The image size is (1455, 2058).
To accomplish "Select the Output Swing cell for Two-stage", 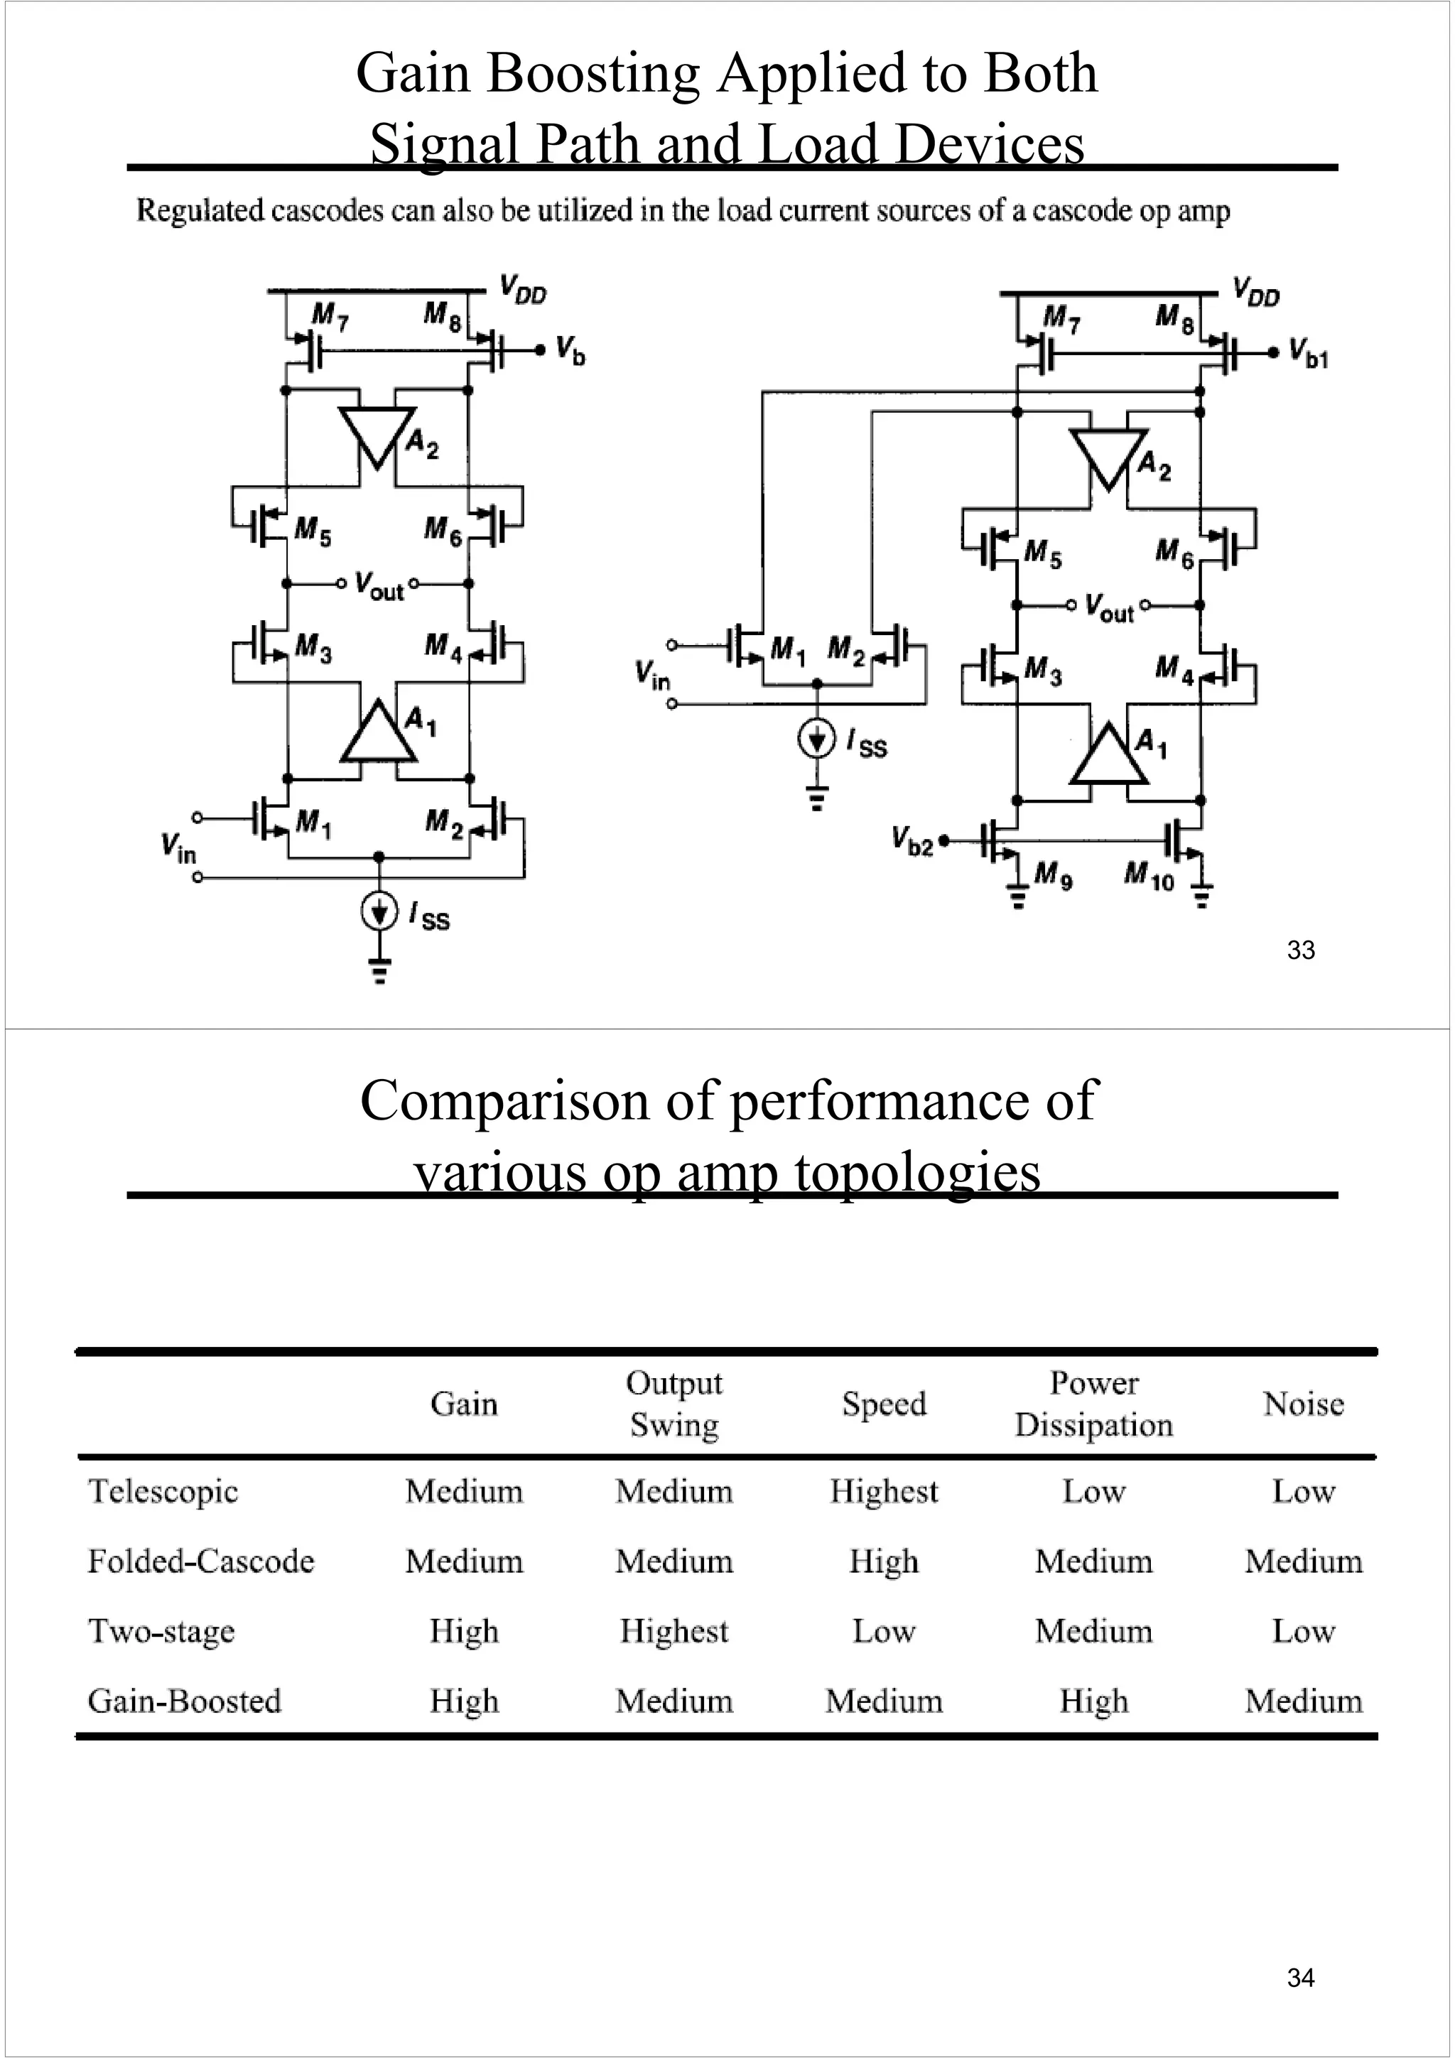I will pos(674,1630).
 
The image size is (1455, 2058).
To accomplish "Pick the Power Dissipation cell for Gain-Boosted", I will pos(1093,1701).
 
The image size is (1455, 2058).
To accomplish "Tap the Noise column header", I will pos(1304,1404).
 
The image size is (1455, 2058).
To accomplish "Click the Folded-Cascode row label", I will pos(201,1561).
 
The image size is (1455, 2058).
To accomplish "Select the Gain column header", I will pos(463,1404).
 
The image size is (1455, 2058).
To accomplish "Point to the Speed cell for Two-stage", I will pos(883,1630).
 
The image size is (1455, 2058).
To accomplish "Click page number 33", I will pos(1300,950).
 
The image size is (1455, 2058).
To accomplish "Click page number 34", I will pos(1300,1977).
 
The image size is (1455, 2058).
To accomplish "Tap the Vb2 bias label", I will pos(912,841).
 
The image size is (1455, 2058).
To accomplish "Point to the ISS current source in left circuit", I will pos(379,911).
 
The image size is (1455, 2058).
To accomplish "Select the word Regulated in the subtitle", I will pos(199,211).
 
